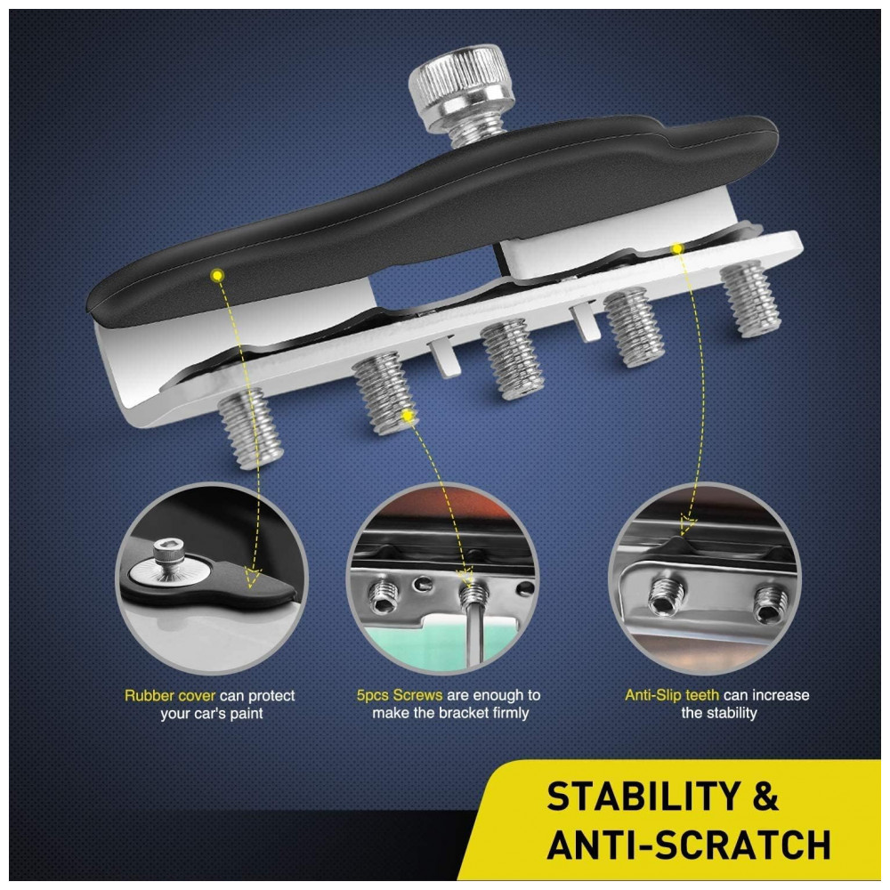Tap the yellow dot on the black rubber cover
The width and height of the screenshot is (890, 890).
pyautogui.click(x=217, y=276)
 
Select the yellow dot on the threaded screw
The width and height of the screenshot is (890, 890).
pyautogui.click(x=407, y=416)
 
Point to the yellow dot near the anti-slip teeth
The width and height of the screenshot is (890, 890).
pyautogui.click(x=676, y=248)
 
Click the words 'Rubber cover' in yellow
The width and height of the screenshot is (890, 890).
pyautogui.click(x=170, y=696)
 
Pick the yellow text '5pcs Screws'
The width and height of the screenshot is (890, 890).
pyautogui.click(x=400, y=695)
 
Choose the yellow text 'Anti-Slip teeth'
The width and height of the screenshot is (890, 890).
pyautogui.click(x=672, y=695)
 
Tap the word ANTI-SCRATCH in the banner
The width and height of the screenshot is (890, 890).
pyautogui.click(x=689, y=845)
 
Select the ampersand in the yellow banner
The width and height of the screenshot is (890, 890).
pyautogui.click(x=765, y=797)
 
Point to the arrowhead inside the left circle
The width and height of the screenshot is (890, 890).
pyautogui.click(x=252, y=577)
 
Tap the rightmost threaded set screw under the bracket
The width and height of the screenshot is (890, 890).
pyautogui.click(x=750, y=298)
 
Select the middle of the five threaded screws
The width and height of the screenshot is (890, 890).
pyautogui.click(x=512, y=360)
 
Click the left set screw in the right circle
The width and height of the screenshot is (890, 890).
pyautogui.click(x=666, y=596)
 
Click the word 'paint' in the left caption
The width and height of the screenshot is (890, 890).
pyautogui.click(x=247, y=714)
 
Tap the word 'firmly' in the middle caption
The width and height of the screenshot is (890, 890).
pyautogui.click(x=508, y=713)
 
